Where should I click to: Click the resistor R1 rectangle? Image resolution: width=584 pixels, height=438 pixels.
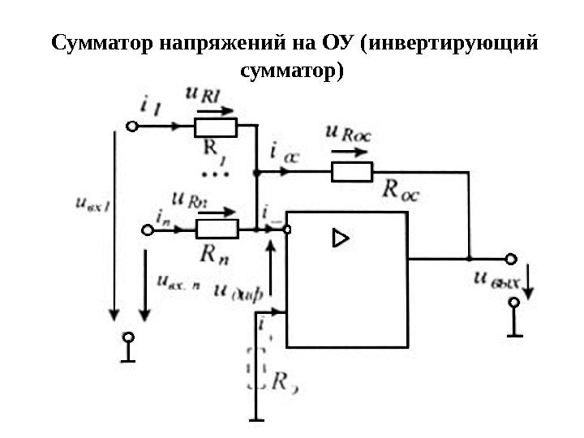(x=215, y=127)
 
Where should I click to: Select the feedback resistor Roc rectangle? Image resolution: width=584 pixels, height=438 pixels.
(x=350, y=172)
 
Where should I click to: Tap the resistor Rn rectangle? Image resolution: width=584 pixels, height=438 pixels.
(x=217, y=230)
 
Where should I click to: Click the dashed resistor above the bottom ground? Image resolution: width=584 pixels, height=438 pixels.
(x=256, y=368)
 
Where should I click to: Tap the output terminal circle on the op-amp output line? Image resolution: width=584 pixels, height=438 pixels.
(x=511, y=260)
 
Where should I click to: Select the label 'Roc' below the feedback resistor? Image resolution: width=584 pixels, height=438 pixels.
(x=400, y=191)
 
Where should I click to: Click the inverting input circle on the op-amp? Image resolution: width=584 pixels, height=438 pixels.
(x=286, y=230)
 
